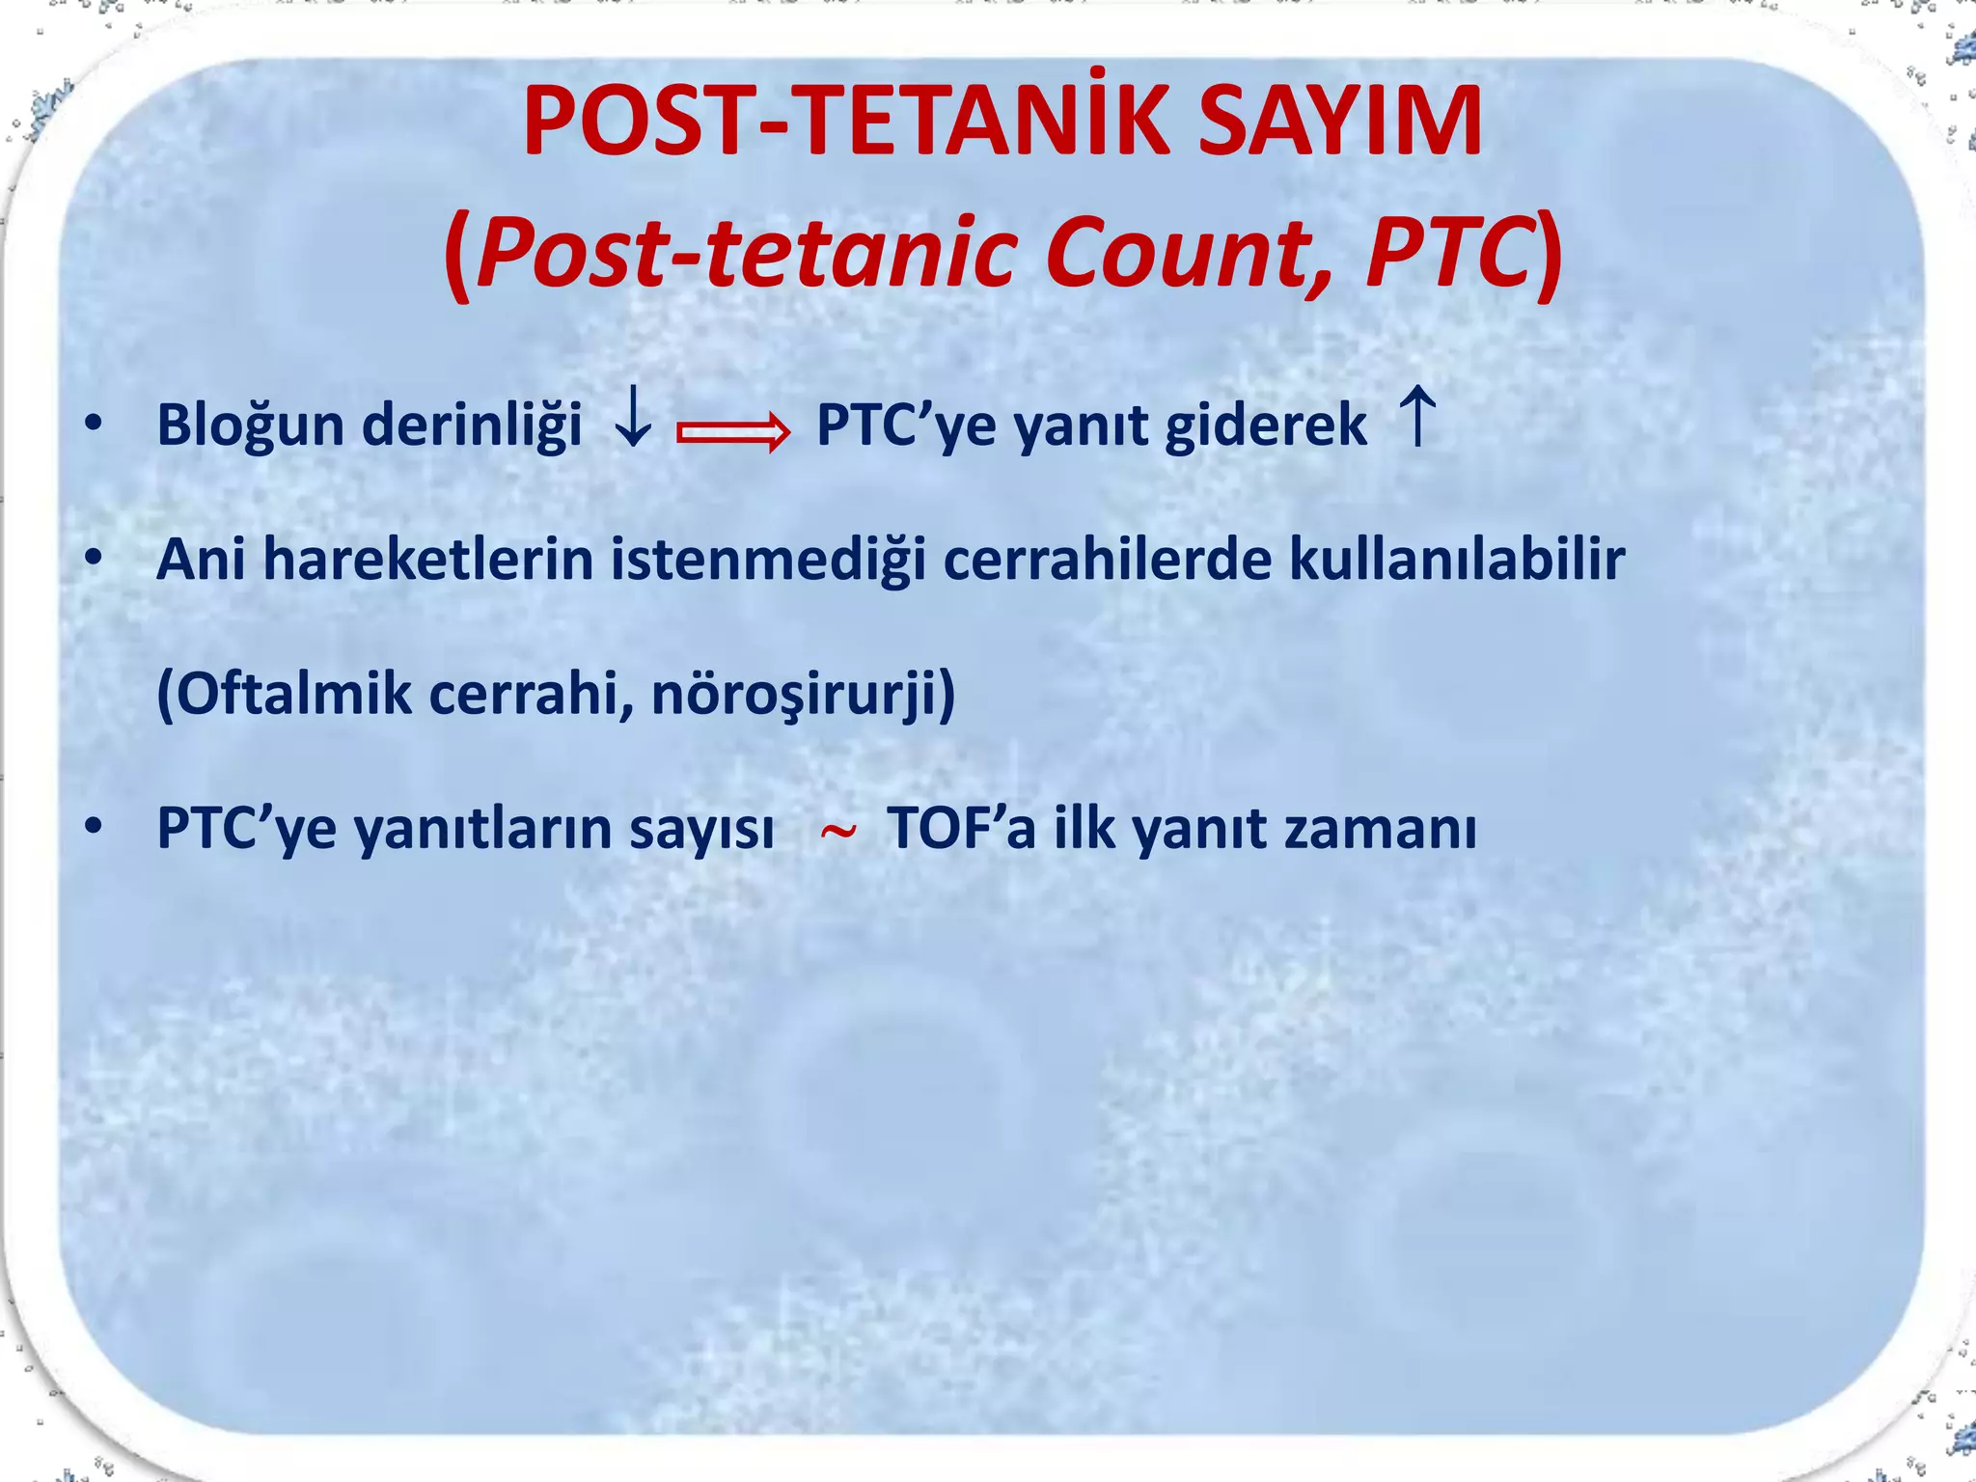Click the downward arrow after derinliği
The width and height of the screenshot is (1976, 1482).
pos(633,417)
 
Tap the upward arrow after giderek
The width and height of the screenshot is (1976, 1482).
pos(1417,417)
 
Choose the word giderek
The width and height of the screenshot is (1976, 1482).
pos(1266,425)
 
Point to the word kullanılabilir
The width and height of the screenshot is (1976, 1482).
pos(1457,560)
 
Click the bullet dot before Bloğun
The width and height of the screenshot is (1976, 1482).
pos(93,425)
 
